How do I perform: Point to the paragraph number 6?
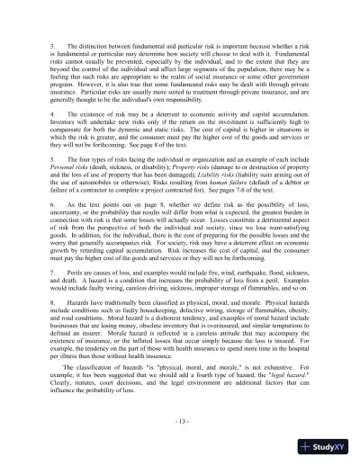(x=57, y=230)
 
